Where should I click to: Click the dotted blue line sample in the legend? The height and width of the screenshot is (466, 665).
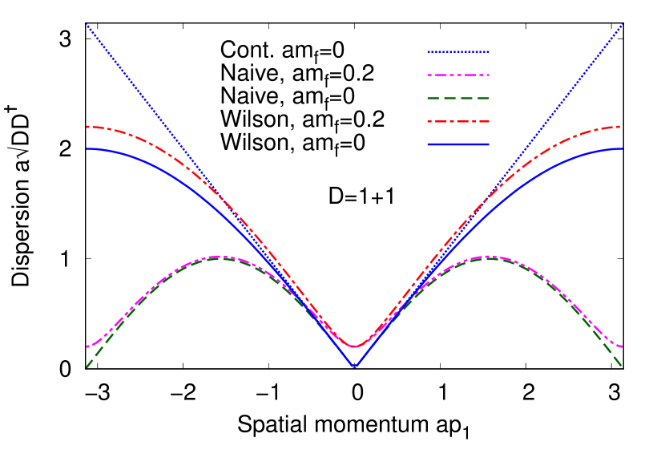click(458, 52)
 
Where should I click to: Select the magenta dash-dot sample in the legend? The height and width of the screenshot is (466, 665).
click(458, 75)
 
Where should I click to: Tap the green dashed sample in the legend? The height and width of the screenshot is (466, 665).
click(458, 99)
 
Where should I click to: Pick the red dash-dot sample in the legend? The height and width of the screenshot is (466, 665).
click(458, 122)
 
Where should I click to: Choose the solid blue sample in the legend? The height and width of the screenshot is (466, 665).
click(458, 144)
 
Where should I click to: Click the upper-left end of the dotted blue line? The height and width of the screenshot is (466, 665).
click(87, 25)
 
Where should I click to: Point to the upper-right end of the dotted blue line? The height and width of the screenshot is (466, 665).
click(623, 25)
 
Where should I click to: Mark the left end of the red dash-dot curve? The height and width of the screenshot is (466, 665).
click(87, 127)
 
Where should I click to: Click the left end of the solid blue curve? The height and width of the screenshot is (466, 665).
click(87, 148)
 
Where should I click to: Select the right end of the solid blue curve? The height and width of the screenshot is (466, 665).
click(623, 148)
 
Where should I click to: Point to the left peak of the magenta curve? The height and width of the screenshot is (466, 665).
click(220, 257)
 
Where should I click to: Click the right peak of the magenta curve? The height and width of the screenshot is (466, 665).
click(487, 257)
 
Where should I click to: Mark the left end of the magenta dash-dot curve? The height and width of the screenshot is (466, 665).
click(87, 346)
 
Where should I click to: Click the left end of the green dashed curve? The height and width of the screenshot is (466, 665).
click(87, 367)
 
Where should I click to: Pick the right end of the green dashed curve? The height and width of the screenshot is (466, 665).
click(622, 367)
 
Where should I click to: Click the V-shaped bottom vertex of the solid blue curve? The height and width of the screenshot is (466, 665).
click(354, 367)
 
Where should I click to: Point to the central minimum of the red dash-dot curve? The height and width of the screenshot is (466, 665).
click(354, 346)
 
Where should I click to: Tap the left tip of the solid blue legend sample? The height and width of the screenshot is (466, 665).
click(428, 144)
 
